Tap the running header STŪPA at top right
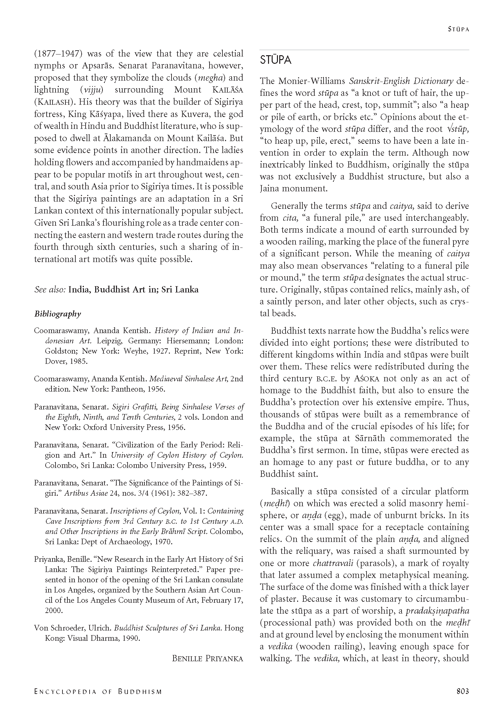point(458,29)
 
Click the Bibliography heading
point(58,314)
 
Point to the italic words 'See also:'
point(50,290)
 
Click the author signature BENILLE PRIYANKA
point(207,658)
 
